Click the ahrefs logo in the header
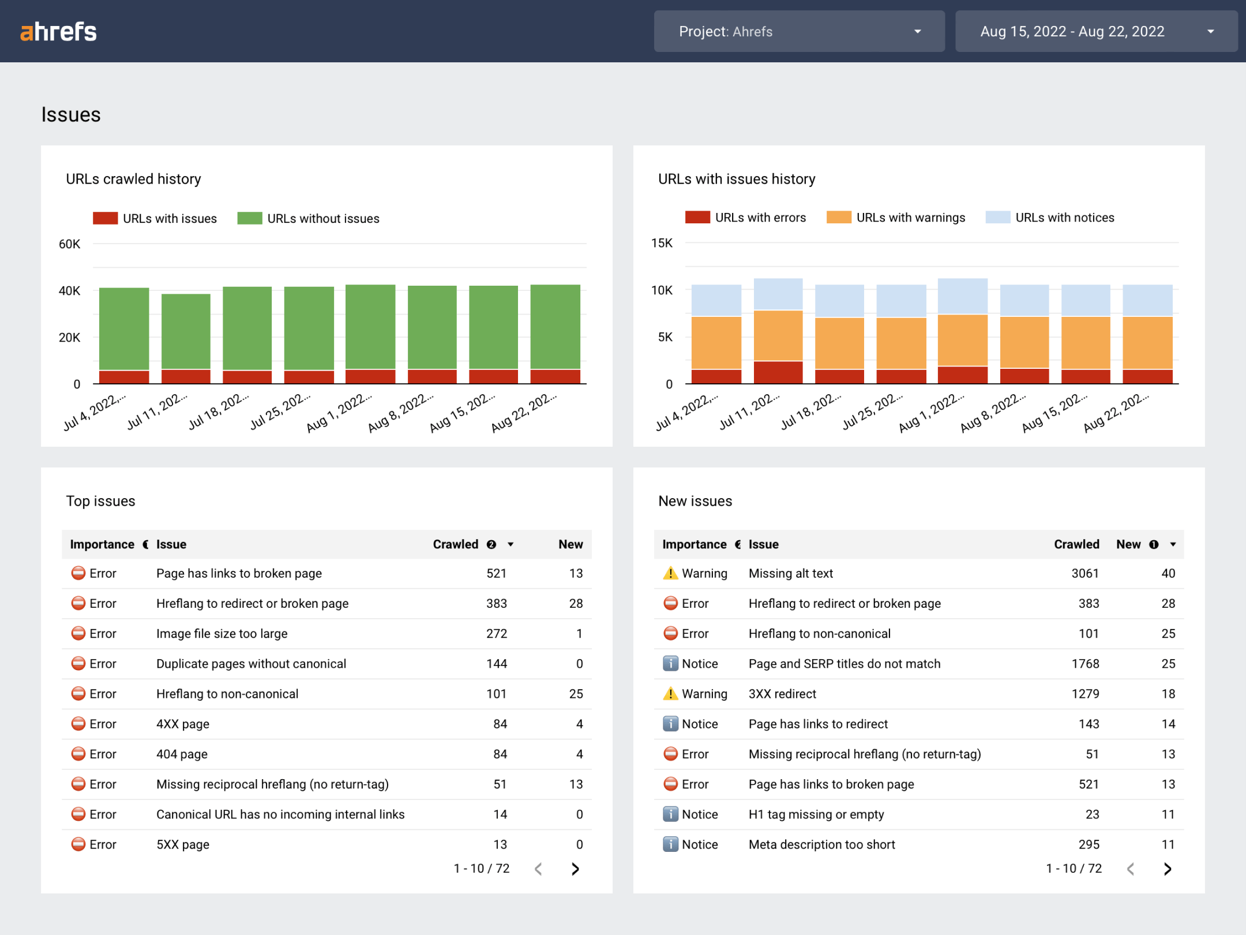tap(58, 32)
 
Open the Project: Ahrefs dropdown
tap(798, 32)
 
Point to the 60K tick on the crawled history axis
tap(69, 244)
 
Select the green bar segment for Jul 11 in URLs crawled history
tap(186, 331)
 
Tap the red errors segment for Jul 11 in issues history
tap(778, 372)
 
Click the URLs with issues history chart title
tap(736, 179)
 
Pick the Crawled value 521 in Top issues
tap(496, 573)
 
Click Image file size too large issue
tap(222, 634)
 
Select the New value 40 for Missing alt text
tap(1168, 573)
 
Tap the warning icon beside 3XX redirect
tap(670, 693)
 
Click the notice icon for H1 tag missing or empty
tap(670, 814)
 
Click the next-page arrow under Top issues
tap(575, 869)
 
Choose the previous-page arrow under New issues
tap(1131, 869)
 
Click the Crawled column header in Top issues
tap(455, 544)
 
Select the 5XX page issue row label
tap(182, 844)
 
